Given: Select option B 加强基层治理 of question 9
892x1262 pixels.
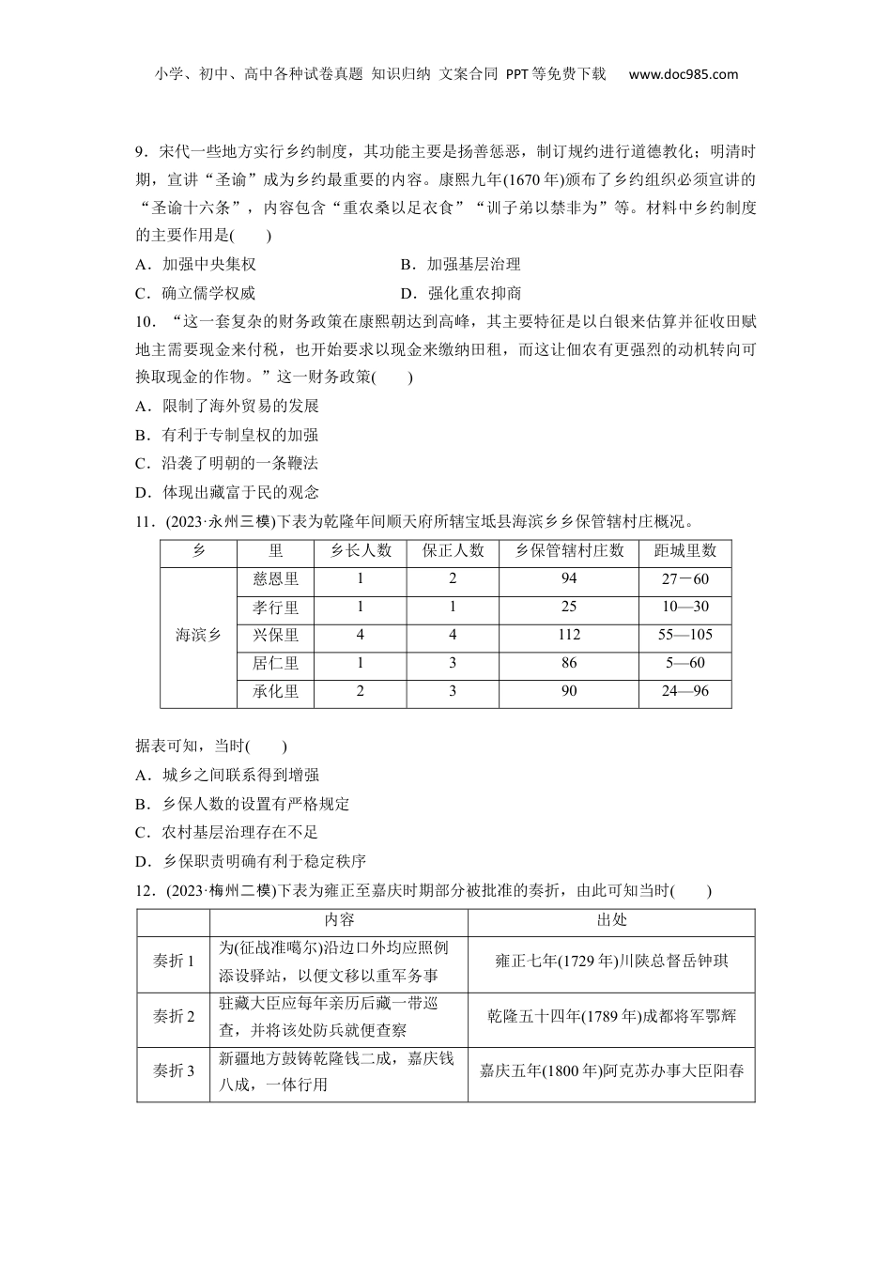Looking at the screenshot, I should pos(460,265).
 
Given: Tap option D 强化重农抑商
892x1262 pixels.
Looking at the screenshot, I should pos(461,293).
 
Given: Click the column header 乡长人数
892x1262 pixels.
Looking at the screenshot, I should pos(361,551).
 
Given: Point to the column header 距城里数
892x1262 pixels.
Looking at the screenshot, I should pos(684,551).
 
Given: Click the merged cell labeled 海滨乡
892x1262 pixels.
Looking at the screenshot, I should pos(198,636).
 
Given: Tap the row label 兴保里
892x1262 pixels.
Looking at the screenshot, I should pos(275,636).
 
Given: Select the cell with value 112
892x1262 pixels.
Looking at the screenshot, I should pos(569,636).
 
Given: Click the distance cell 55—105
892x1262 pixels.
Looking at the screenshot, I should pos(684,636).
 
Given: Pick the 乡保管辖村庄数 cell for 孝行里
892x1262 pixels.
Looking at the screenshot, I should pos(569,608).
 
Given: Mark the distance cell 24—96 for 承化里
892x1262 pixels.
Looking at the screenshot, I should pos(684,692).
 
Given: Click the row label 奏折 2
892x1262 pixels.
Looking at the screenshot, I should pos(173,1018).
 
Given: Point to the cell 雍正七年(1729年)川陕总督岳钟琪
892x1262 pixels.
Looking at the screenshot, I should pos(611,962).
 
